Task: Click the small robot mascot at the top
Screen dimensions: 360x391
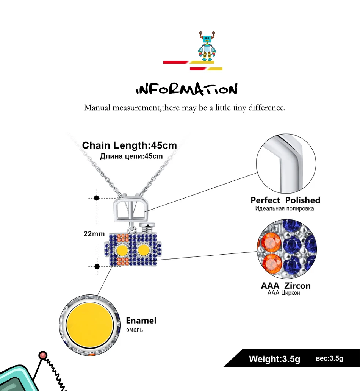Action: (x=207, y=46)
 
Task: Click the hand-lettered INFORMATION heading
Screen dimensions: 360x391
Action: (x=186, y=89)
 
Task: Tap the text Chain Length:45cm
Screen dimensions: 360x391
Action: (x=130, y=145)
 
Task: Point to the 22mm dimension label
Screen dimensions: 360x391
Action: (x=94, y=234)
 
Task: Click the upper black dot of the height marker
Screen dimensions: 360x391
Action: (x=97, y=198)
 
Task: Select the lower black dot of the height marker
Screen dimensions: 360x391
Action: (x=97, y=267)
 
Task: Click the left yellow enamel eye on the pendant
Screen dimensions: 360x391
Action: (x=122, y=250)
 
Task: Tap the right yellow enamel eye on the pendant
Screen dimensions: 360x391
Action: (x=143, y=250)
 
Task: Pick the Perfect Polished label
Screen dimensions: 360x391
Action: (x=285, y=200)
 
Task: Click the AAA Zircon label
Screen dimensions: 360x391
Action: (x=286, y=286)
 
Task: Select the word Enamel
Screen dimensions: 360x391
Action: (x=141, y=321)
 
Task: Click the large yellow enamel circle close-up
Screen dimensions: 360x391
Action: (x=90, y=325)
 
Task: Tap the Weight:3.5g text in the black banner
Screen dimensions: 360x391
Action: (x=274, y=359)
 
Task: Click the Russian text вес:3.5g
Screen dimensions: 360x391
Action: (x=329, y=358)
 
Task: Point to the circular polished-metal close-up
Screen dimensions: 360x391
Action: (x=286, y=164)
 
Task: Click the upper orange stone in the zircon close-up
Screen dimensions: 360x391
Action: (x=271, y=242)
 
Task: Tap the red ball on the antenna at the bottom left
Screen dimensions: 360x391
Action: (x=43, y=355)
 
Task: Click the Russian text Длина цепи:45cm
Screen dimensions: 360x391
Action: (x=131, y=156)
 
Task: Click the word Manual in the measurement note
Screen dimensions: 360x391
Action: (x=97, y=108)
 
